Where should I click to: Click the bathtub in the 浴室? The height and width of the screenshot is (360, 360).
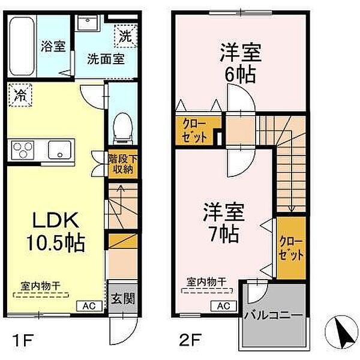point(22,46)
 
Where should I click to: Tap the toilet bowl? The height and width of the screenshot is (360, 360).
point(123,128)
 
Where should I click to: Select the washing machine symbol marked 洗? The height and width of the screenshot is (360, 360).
point(125,36)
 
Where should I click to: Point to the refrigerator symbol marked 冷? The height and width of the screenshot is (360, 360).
point(20,95)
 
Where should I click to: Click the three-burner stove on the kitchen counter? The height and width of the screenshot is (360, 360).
point(23,150)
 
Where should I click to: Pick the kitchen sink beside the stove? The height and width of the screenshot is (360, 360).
point(59,150)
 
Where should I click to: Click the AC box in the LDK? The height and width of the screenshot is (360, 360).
point(89,306)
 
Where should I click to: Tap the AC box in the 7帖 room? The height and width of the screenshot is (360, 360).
point(224,306)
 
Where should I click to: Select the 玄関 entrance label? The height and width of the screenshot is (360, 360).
point(122,299)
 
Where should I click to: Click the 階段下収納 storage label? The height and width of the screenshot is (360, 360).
point(123,164)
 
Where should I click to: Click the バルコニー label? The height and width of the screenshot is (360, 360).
point(273,316)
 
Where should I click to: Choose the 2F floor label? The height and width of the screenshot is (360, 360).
point(190,340)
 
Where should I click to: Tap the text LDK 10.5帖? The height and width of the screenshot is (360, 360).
point(56,232)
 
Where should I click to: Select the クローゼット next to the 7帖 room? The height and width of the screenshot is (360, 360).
point(291,248)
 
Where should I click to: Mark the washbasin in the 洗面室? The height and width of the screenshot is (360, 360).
point(88,23)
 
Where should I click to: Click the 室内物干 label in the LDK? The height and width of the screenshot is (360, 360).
point(40,286)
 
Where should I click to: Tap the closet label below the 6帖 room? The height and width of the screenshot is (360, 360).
point(194,131)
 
